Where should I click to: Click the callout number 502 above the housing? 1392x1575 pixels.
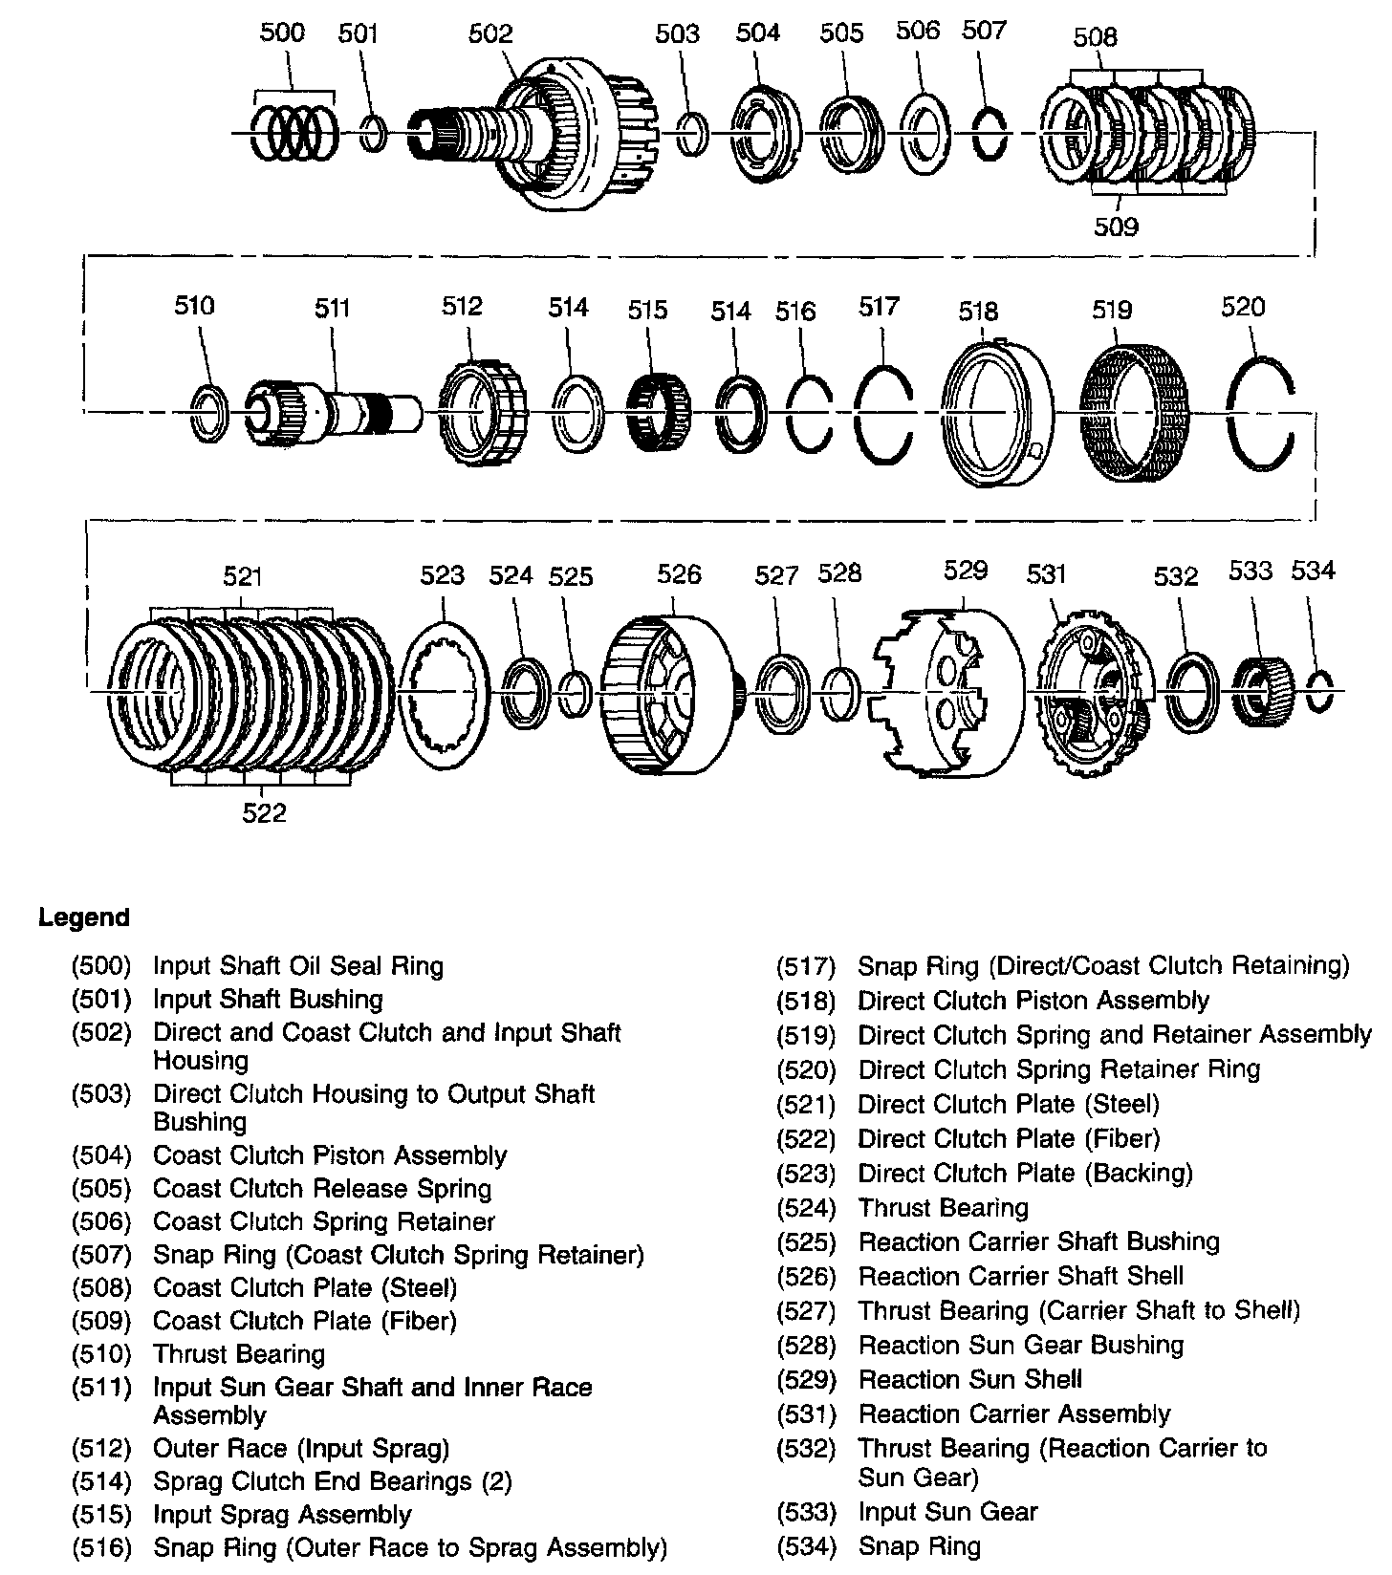489,34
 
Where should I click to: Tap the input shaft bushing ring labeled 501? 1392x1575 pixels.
375,133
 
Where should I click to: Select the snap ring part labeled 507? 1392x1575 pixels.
990,134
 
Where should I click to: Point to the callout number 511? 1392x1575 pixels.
333,308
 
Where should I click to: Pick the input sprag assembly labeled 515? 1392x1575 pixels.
658,413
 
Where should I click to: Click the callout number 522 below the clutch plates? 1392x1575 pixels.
264,812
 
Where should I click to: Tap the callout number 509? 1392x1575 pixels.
1116,227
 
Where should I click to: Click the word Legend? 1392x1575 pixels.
83,918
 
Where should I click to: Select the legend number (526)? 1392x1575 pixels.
806,1277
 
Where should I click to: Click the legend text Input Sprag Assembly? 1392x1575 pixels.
282,1515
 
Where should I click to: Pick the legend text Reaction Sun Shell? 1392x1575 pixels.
969,1380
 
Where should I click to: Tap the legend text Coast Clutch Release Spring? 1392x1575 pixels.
322,1189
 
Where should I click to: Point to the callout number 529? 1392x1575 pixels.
965,571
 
